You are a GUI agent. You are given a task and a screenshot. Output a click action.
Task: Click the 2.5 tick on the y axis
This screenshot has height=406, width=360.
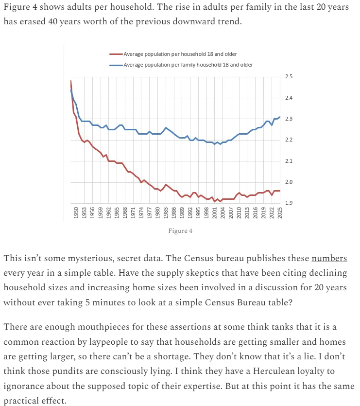289,77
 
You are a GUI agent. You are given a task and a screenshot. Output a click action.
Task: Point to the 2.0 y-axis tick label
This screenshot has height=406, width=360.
289,182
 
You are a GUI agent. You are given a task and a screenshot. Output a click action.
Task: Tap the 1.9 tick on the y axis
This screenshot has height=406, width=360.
289,203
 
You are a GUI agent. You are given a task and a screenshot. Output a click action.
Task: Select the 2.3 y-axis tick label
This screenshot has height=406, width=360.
289,119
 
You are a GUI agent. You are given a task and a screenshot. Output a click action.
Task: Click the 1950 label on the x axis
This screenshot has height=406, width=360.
76,213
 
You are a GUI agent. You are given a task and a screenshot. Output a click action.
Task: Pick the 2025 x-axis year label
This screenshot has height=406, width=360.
280,213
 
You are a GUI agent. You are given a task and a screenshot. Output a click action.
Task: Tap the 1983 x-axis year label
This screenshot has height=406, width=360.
166,213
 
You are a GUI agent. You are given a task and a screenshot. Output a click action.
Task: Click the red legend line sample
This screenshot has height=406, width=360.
117,54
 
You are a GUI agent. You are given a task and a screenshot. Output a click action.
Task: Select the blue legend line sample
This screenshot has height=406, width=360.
117,65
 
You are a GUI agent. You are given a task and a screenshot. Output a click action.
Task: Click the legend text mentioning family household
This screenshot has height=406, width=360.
188,65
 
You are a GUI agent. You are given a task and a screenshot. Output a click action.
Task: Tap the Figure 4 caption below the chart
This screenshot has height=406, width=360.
180,230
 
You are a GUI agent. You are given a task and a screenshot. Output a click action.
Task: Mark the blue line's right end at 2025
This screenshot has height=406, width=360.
280,117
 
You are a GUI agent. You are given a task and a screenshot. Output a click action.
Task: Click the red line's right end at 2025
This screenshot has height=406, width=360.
280,191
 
